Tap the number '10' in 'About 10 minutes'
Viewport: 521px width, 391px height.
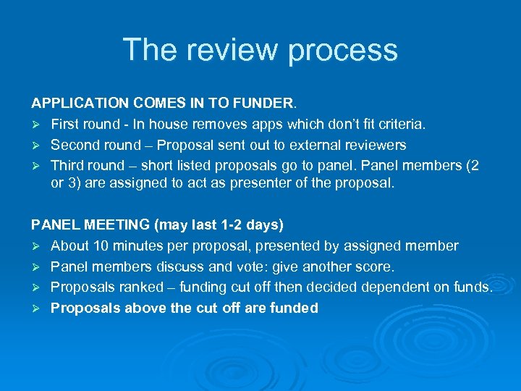pos(99,246)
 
